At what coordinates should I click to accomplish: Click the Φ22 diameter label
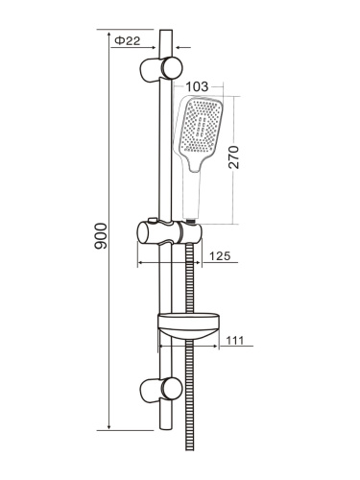point(128,40)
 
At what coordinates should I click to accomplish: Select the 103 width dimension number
point(199,86)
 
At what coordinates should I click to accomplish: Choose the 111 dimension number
point(236,338)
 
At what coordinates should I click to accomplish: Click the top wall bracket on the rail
point(164,68)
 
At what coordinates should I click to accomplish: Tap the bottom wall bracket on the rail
point(164,390)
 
